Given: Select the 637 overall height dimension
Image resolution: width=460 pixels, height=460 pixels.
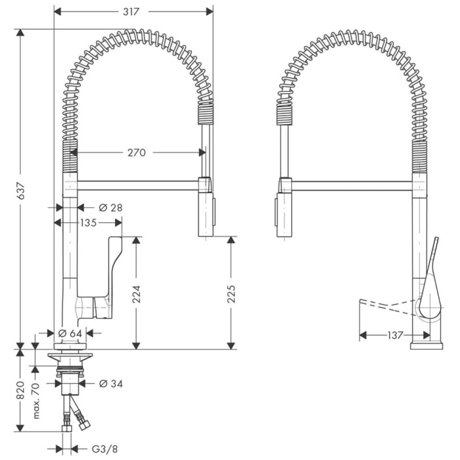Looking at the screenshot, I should coord(21,191).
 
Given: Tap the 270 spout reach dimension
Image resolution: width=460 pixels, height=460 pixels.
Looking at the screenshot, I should coord(136,152).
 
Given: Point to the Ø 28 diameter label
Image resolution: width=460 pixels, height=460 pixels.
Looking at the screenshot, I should coord(110,208).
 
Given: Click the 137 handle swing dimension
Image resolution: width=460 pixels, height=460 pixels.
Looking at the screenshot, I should coord(394,335).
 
